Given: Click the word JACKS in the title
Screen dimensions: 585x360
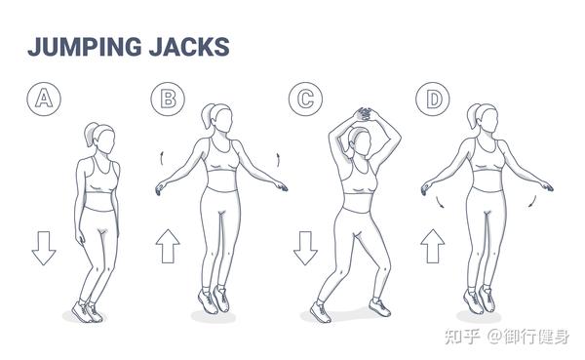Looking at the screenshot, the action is point(189,47).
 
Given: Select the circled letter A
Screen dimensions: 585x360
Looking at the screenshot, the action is point(44,99).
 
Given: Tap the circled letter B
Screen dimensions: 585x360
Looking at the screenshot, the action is point(168,99).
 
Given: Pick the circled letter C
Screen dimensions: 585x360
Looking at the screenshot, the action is point(305,99).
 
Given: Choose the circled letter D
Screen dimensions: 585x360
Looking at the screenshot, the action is point(433,99).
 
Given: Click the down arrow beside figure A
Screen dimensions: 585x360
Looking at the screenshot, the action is point(44,248).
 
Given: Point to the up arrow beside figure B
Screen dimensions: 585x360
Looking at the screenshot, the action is point(168,246).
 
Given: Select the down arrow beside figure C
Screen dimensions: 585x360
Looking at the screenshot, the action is point(305,248).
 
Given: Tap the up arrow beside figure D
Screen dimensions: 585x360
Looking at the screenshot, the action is point(433,246).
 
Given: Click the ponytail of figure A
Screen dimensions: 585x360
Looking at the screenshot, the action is point(90,134).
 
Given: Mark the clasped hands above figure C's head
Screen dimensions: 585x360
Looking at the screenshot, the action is point(364,114).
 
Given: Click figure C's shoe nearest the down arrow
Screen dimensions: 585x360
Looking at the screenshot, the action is point(320,312).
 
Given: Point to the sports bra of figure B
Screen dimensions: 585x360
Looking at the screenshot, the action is point(223,156).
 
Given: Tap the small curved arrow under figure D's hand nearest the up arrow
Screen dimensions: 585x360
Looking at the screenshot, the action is point(441,203).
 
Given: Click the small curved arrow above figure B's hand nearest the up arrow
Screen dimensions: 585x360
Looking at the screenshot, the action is point(162,158).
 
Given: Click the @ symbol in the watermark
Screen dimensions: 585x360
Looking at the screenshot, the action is point(494,337).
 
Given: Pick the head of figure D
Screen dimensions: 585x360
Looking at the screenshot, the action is point(484,118).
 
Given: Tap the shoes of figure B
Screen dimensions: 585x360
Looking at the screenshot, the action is point(214,300).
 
